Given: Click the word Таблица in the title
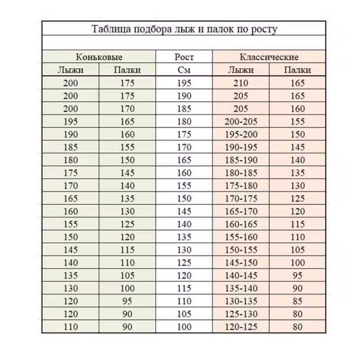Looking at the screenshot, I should click(x=109, y=30).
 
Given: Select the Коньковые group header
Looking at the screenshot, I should click(x=99, y=57).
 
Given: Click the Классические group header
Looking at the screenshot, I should click(x=269, y=57).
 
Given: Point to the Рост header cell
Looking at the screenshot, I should click(x=184, y=57).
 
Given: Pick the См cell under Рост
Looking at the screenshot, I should click(x=184, y=70).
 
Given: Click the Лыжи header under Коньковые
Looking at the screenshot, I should click(x=71, y=70).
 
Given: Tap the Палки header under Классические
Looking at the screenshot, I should click(x=297, y=70).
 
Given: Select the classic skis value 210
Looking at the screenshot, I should click(x=241, y=83).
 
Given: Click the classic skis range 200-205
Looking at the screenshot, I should click(x=241, y=121).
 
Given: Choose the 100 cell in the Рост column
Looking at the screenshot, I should click(x=184, y=327).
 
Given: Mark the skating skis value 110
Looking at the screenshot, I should click(x=71, y=327).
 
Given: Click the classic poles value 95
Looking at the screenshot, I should click(x=297, y=276).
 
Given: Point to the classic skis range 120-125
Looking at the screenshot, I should click(x=241, y=327).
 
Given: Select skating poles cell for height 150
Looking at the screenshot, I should click(x=127, y=199).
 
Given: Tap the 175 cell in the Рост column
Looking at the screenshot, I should click(x=184, y=135).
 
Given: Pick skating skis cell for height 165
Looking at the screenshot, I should click(x=71, y=160).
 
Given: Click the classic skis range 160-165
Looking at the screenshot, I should click(x=241, y=225).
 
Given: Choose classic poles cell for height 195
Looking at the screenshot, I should click(x=297, y=83).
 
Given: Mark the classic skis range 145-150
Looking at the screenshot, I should click(x=241, y=263).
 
